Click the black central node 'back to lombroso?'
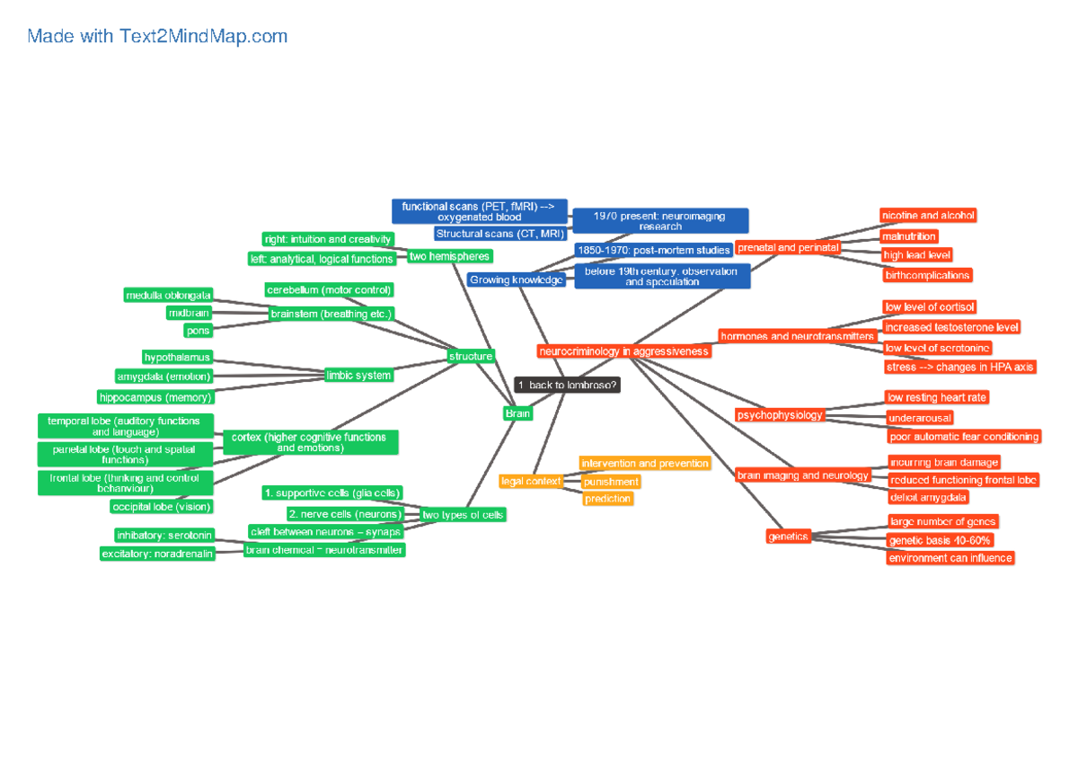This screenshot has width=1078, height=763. point(568,385)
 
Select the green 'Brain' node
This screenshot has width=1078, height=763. point(517,413)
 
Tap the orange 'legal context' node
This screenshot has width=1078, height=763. point(531,481)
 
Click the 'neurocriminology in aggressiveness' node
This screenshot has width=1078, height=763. point(624,351)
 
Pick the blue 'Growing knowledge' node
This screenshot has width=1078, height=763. point(517,279)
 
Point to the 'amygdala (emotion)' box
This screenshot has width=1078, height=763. point(163,377)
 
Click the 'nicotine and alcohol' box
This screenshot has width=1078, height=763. point(928,216)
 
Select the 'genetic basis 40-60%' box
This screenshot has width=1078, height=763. point(939,540)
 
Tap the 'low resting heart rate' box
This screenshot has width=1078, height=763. point(938,397)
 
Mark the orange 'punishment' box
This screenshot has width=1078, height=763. point(611,482)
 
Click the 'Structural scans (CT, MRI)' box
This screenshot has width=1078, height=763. point(499,234)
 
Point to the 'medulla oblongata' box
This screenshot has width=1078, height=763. point(169,295)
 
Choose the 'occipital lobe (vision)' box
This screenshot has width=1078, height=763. point(163,507)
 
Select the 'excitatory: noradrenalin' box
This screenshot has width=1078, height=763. point(157,554)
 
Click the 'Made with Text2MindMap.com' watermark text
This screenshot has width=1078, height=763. point(157,37)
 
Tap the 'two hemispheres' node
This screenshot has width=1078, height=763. point(449,256)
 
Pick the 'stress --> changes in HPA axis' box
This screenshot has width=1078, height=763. point(959,367)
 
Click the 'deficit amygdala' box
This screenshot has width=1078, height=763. point(928,497)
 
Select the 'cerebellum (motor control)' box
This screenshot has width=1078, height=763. point(329,289)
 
